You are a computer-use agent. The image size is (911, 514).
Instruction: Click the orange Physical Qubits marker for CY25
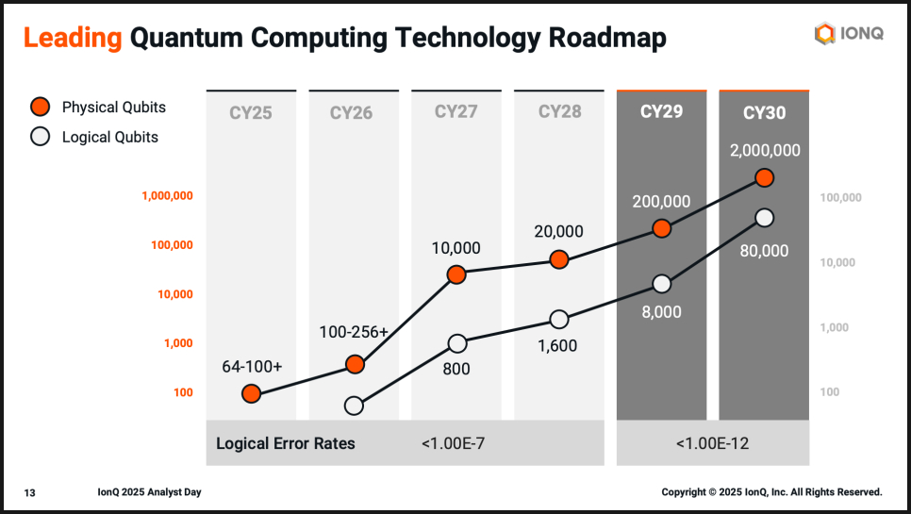point(251,393)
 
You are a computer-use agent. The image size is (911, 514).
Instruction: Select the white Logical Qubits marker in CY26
point(354,406)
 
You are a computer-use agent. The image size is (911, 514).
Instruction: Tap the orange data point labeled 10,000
point(456,274)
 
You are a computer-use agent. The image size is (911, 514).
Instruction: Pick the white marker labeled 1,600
point(559,320)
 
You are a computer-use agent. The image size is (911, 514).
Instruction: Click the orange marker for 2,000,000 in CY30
point(765,177)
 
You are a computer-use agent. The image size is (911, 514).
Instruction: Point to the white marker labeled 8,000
point(662,284)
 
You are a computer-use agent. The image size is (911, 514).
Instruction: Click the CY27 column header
point(456,112)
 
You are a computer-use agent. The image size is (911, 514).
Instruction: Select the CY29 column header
point(661,112)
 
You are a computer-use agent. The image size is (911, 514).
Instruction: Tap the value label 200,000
point(661,201)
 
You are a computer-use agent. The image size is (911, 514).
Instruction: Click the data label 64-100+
point(252,366)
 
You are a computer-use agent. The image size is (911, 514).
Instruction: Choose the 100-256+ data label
point(354,333)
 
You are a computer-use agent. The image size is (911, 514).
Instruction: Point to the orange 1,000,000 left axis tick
point(167,196)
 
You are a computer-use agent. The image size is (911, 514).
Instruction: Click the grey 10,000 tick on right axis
point(838,262)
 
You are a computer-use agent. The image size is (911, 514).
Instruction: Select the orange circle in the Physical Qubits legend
point(40,107)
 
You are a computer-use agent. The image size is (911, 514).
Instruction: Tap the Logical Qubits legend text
point(109,137)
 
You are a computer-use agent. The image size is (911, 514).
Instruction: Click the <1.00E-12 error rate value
point(712,443)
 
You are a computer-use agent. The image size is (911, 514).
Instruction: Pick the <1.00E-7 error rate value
point(455,443)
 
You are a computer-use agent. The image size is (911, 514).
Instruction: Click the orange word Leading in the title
point(73,38)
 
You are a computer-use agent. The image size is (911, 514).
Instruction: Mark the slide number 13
point(30,492)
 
